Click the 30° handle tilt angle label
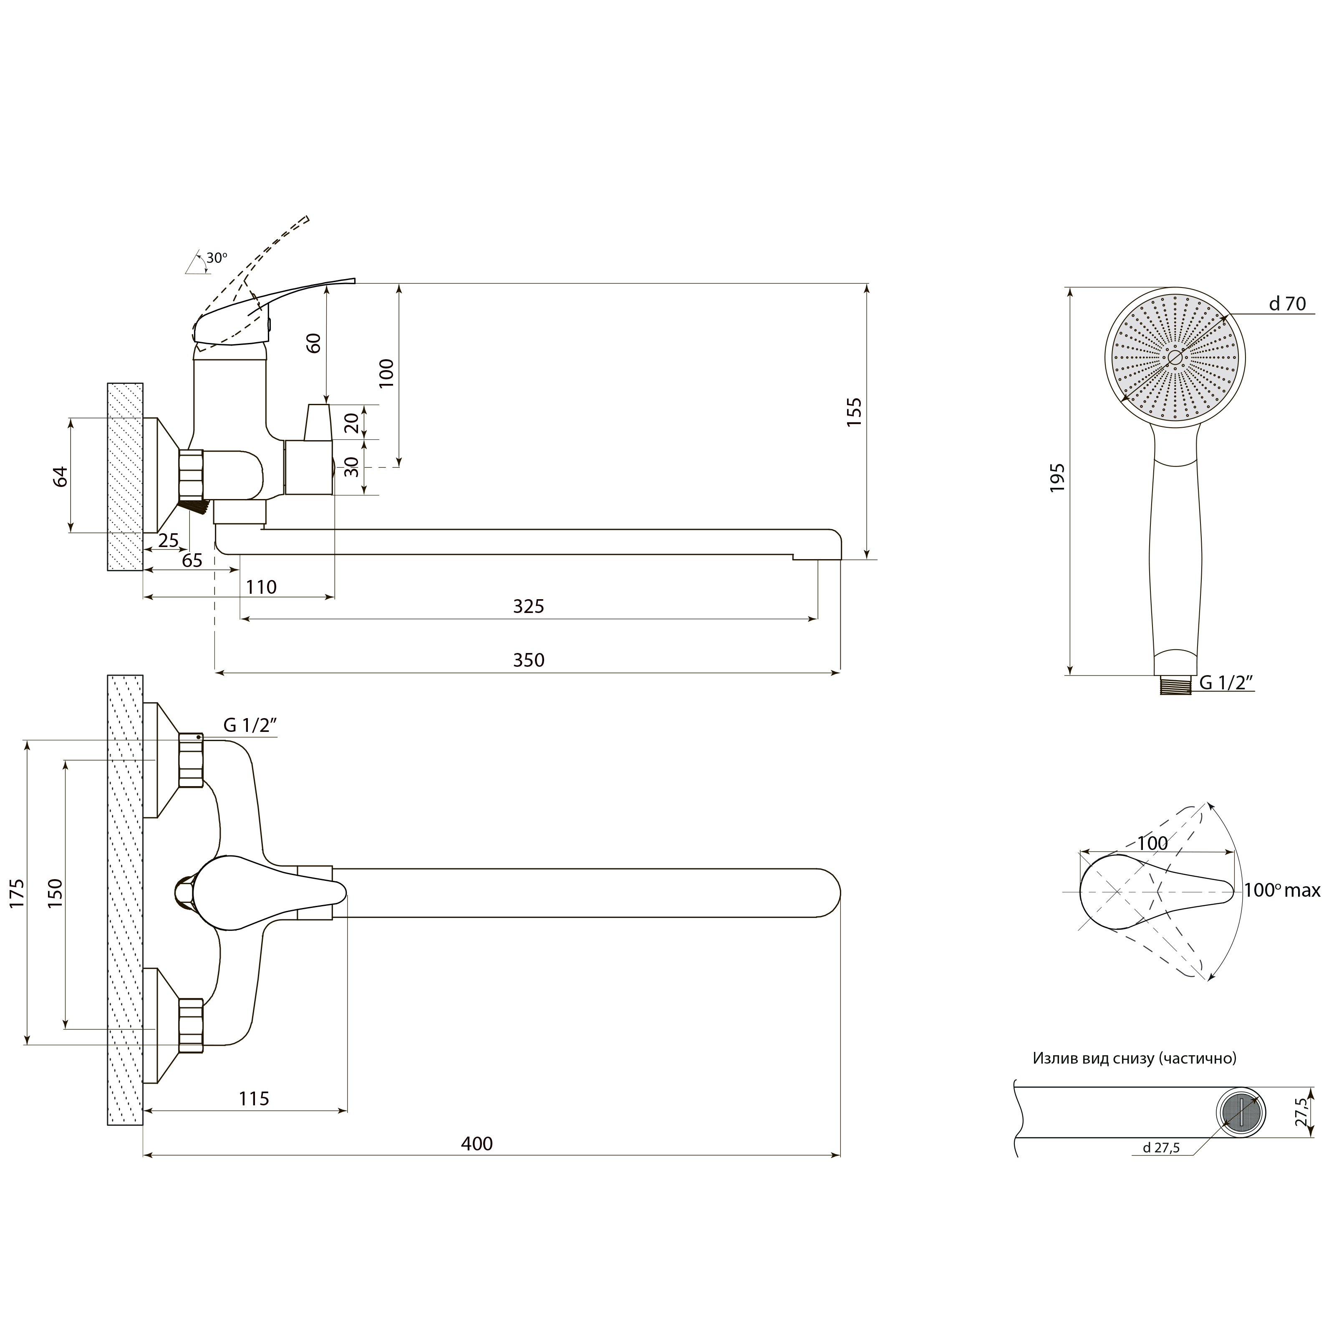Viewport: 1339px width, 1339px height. click(x=216, y=258)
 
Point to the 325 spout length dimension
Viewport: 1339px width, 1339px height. click(x=529, y=606)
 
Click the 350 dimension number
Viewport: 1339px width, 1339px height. click(x=529, y=660)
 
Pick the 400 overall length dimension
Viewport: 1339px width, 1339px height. click(x=477, y=1144)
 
